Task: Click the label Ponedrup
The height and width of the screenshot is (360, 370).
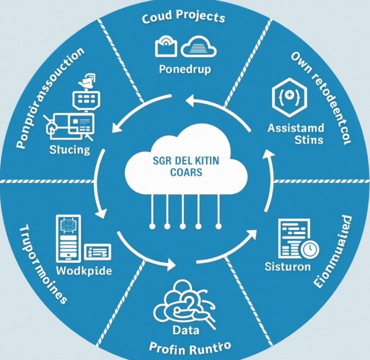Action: click(184, 69)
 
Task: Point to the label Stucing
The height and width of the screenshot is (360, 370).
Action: click(70, 149)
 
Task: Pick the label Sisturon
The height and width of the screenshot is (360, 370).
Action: click(287, 266)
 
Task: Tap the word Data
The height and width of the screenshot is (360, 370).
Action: click(187, 330)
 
